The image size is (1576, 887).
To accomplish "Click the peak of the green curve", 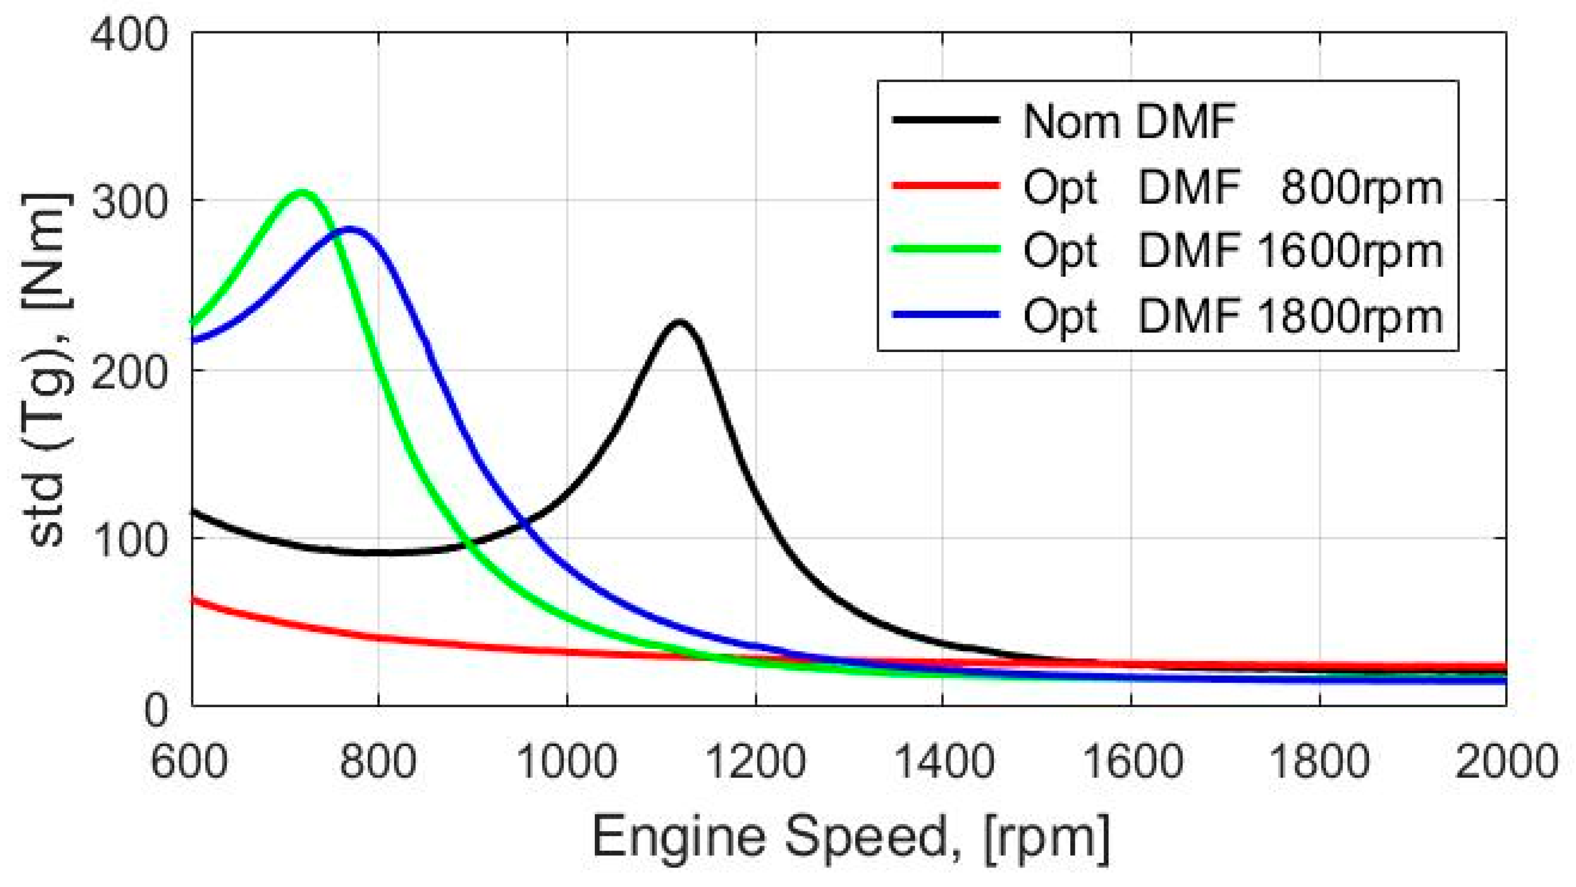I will (303, 193).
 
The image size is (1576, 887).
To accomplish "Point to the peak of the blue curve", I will (349, 230).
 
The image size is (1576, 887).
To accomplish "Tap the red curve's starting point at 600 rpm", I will (193, 600).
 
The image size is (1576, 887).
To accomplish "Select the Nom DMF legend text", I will (1129, 122).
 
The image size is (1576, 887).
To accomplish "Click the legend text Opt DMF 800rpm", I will (1232, 187).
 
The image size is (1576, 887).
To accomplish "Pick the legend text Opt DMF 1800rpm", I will (1232, 316).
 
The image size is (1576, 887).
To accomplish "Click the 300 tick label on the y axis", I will (129, 202).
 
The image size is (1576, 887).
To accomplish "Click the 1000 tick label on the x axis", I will (567, 762).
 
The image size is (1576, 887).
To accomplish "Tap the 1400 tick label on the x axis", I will (943, 762).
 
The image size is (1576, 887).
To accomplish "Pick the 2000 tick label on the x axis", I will (1505, 762).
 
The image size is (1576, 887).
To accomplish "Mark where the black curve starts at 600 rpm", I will (193, 511).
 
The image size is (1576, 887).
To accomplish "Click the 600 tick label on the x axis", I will (190, 762).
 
